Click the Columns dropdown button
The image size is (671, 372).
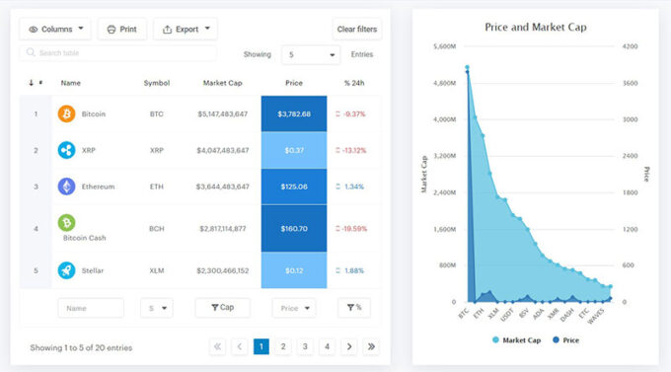point(55,30)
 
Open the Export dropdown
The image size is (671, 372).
point(186,30)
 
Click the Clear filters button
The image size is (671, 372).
point(357,30)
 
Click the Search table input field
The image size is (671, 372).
point(118,53)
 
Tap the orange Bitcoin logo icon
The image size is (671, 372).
point(67,114)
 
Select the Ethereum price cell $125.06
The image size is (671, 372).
point(294,186)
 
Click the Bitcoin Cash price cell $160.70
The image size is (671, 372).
point(294,229)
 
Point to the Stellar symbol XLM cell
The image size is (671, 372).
point(157,270)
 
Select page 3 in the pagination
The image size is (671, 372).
point(305,346)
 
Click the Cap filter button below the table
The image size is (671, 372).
point(222,308)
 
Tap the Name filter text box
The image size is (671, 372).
point(91,308)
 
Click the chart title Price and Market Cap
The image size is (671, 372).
point(536,27)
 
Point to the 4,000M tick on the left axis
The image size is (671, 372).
point(441,119)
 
